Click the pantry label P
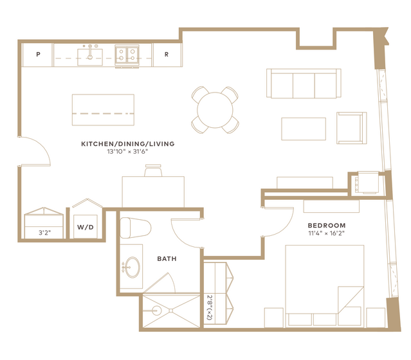point(38,54)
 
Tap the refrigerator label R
point(167,54)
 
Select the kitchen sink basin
point(90,57)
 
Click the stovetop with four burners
point(127,55)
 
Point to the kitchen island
point(103,110)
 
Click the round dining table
point(215,110)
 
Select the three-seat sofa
point(304,84)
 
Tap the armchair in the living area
point(351,128)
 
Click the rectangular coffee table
point(304,129)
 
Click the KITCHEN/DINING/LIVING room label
point(127,144)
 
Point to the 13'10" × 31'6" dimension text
point(127,152)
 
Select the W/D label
point(86,227)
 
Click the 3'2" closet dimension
point(44,233)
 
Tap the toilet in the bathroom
point(136,228)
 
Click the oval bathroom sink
point(132,267)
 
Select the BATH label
point(167,259)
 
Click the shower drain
point(171,310)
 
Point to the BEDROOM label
point(327,226)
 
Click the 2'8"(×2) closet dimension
point(210,307)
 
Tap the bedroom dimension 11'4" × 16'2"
point(326,233)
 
